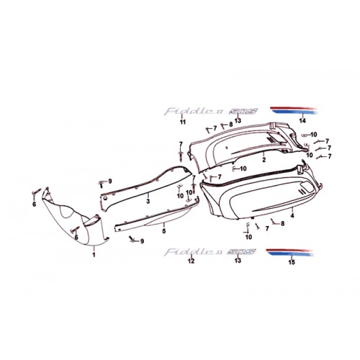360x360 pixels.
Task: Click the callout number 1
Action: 94,255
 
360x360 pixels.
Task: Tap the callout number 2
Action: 264,160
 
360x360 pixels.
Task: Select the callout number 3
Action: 148,201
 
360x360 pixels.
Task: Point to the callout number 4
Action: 292,215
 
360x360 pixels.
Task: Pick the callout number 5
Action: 164,231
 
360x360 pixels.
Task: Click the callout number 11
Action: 183,122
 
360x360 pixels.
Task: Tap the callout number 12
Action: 191,261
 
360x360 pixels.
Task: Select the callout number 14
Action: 302,121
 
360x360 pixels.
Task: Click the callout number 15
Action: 292,262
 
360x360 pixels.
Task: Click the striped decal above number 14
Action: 294,110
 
